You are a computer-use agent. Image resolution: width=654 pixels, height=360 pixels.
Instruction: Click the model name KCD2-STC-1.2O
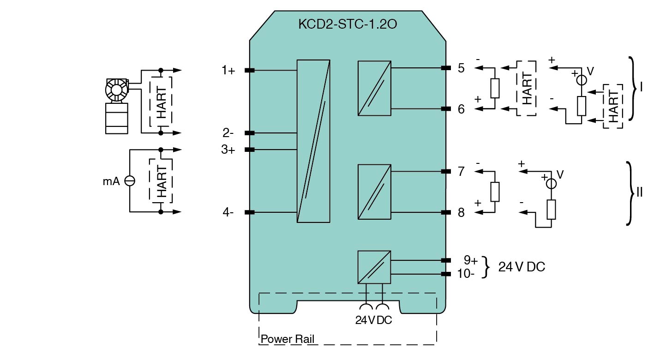click(x=347, y=24)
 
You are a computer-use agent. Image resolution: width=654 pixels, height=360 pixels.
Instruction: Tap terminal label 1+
click(x=228, y=71)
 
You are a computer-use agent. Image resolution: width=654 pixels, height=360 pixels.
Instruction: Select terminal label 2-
click(x=228, y=133)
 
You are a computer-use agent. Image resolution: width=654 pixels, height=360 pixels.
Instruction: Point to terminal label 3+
click(x=228, y=150)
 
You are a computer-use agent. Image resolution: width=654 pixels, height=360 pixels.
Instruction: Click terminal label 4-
click(x=228, y=212)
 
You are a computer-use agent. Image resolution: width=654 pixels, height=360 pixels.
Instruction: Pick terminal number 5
click(x=461, y=68)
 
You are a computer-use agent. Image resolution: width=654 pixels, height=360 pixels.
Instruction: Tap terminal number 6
click(x=461, y=109)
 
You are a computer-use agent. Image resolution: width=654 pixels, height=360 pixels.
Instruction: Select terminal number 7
click(x=461, y=172)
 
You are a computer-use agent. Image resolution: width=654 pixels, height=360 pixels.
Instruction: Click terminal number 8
click(x=461, y=213)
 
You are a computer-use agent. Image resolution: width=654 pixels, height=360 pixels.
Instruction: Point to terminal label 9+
click(x=470, y=260)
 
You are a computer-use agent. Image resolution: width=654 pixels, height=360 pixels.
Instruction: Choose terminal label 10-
click(x=466, y=274)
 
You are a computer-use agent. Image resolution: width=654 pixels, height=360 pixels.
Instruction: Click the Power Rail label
click(x=287, y=340)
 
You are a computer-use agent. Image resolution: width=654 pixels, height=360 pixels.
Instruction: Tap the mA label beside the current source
click(x=111, y=181)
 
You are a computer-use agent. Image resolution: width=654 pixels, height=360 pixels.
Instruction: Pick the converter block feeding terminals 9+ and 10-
click(x=374, y=267)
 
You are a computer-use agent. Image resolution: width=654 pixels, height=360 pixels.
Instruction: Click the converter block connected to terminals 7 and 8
click(x=374, y=192)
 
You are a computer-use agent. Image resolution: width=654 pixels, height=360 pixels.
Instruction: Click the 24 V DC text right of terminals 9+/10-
click(x=522, y=267)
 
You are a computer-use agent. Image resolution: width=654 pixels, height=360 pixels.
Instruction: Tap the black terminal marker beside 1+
click(x=250, y=71)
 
